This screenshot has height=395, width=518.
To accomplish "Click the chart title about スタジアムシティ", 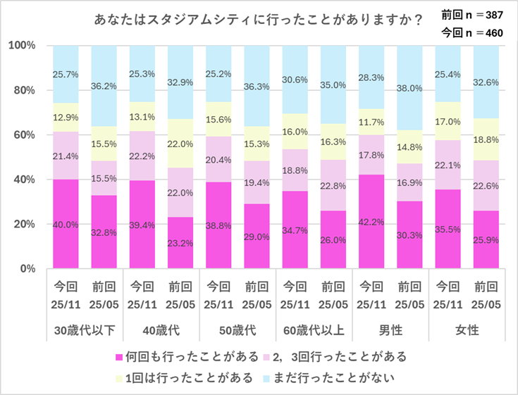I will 258,20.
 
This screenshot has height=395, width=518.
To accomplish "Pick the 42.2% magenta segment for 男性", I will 372,222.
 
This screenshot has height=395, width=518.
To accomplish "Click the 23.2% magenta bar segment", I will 181,242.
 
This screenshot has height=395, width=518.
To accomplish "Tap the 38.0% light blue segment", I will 410,88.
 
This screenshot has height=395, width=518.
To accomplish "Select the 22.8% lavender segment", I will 333,185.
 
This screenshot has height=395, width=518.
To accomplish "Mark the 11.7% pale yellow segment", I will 372,122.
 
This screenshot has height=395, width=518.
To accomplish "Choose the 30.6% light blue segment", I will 295,80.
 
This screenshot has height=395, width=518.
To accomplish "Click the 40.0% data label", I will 66,224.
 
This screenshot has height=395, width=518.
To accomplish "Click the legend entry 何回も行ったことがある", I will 182,357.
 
